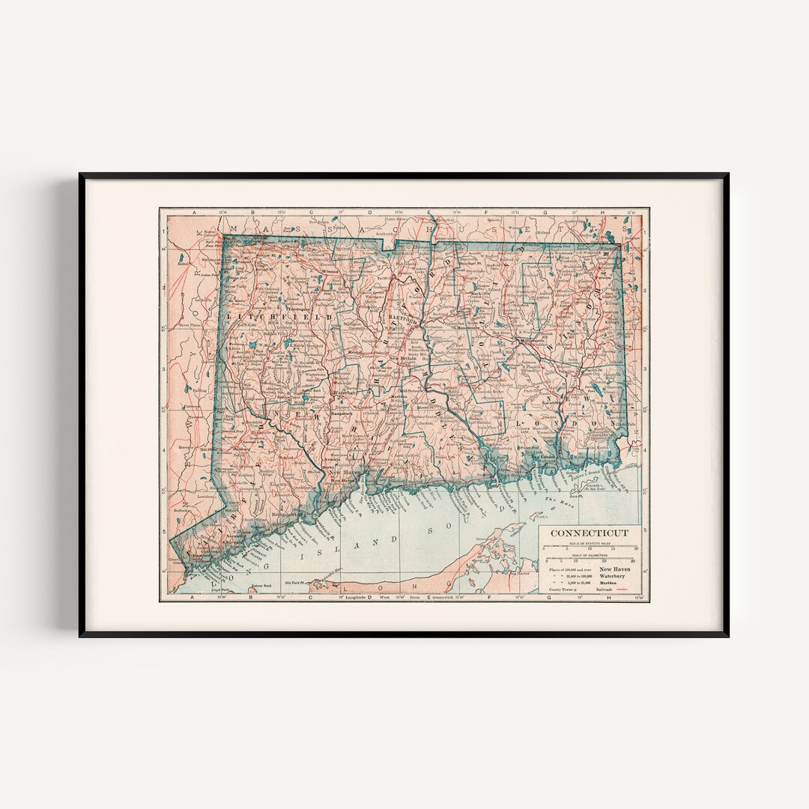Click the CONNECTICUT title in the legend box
tap(590, 533)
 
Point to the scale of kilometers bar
tap(590, 557)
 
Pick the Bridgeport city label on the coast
tap(288, 516)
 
